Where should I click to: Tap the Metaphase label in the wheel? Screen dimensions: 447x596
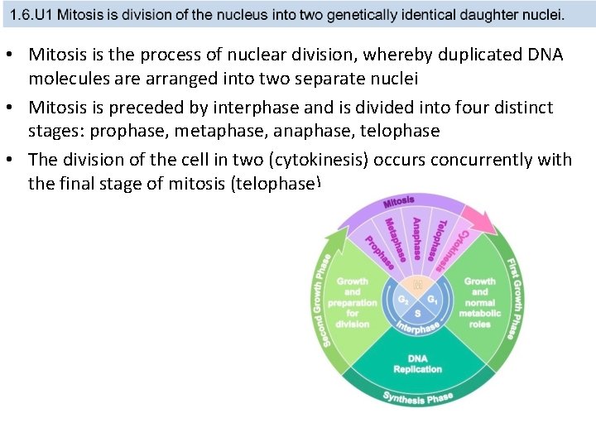[396, 238]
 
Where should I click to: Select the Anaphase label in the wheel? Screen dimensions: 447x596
[417, 236]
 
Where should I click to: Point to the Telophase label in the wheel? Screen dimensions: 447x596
[440, 239]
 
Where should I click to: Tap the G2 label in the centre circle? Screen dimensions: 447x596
[403, 299]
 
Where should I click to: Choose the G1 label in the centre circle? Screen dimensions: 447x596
[433, 299]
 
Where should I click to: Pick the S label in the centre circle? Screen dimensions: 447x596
[418, 314]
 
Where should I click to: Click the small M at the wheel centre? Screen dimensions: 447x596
[418, 286]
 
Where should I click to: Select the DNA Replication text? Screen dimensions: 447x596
[418, 363]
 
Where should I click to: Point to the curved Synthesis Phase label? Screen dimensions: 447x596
[418, 398]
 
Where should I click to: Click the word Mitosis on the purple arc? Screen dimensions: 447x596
[399, 202]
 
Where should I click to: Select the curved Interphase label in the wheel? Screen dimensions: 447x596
[419, 327]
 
